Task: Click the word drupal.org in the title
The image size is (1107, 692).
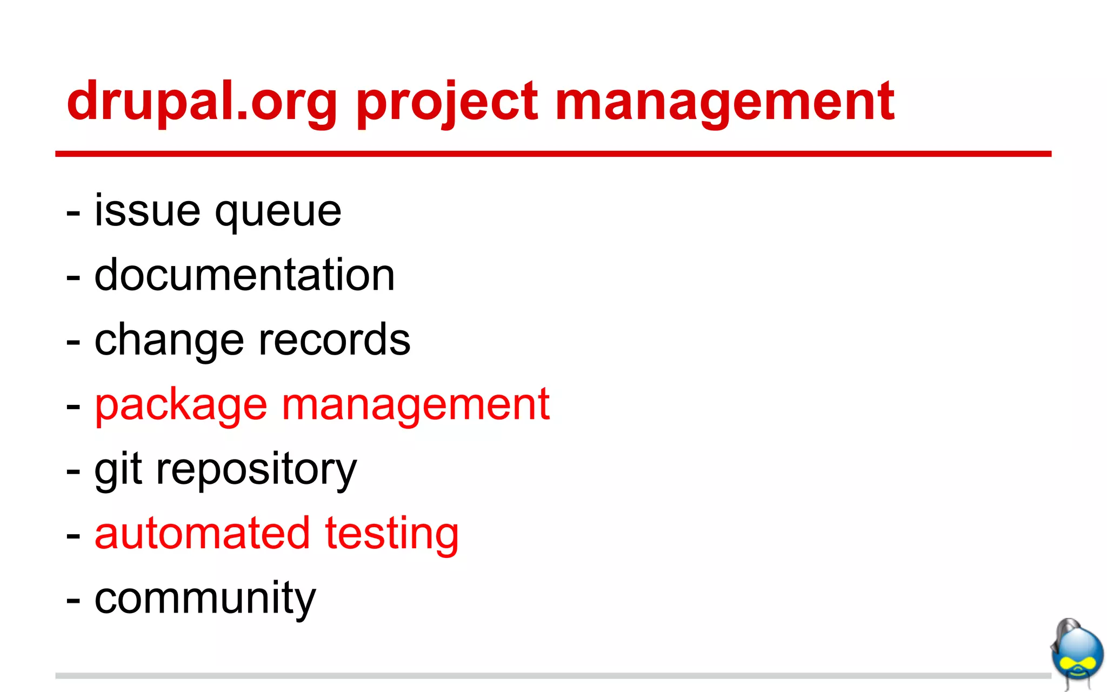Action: tap(202, 101)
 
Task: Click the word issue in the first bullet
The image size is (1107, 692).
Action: tap(147, 210)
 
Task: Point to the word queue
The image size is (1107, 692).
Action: tap(278, 212)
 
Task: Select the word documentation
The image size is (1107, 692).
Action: tap(244, 275)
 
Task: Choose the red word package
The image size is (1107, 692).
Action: tap(181, 405)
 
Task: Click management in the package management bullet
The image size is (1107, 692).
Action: tap(415, 405)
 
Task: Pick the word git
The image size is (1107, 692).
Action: tap(118, 469)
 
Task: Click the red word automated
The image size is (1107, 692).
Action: tap(202, 534)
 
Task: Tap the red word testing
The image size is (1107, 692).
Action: tap(392, 535)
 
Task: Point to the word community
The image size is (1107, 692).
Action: tap(205, 598)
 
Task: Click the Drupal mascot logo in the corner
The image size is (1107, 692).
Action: tap(1077, 654)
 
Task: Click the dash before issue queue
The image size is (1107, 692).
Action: tap(73, 214)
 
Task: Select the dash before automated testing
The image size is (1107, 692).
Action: tap(73, 537)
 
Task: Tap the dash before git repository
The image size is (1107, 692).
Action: tap(73, 472)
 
